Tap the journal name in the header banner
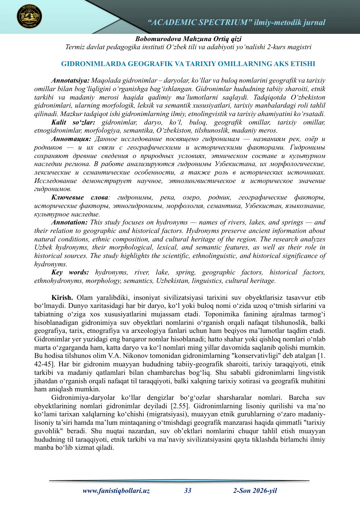(x=237, y=23)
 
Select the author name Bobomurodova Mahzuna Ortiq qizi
(x=188, y=39)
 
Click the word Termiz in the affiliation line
(x=75, y=47)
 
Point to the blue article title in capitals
(x=188, y=64)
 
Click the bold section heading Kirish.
(x=62, y=298)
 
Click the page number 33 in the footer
(x=188, y=490)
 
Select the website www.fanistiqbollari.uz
(x=116, y=490)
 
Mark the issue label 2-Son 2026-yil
(x=255, y=490)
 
